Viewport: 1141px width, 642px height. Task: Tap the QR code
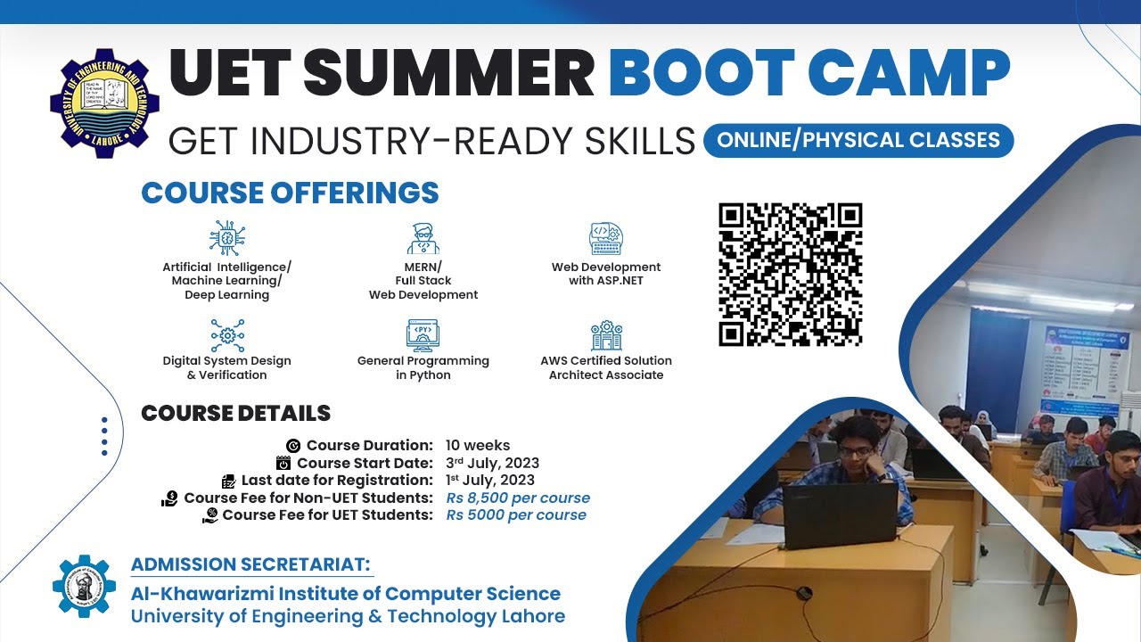coord(791,275)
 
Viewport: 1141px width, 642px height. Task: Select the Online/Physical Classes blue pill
coord(858,140)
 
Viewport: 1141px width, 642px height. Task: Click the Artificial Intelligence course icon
coord(226,237)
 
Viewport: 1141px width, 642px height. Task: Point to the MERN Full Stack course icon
coord(423,238)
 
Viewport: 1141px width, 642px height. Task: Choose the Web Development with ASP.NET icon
coord(606,238)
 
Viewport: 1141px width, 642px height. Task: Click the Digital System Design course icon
coord(226,335)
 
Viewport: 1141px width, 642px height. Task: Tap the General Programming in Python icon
coord(423,335)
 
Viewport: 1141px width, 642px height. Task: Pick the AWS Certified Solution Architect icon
coord(606,335)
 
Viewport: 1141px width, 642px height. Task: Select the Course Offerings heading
coord(290,193)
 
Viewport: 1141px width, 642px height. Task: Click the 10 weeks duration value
coord(478,446)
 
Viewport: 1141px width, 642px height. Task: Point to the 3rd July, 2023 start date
coord(492,463)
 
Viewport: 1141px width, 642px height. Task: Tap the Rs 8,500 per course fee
coord(518,498)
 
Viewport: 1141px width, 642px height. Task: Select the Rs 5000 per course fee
coord(516,514)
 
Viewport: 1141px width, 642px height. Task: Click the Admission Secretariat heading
coord(251,564)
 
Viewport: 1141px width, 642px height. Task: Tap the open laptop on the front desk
coord(840,515)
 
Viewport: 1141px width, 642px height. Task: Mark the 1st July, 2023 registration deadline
coord(490,480)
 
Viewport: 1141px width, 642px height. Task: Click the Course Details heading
coord(235,414)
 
